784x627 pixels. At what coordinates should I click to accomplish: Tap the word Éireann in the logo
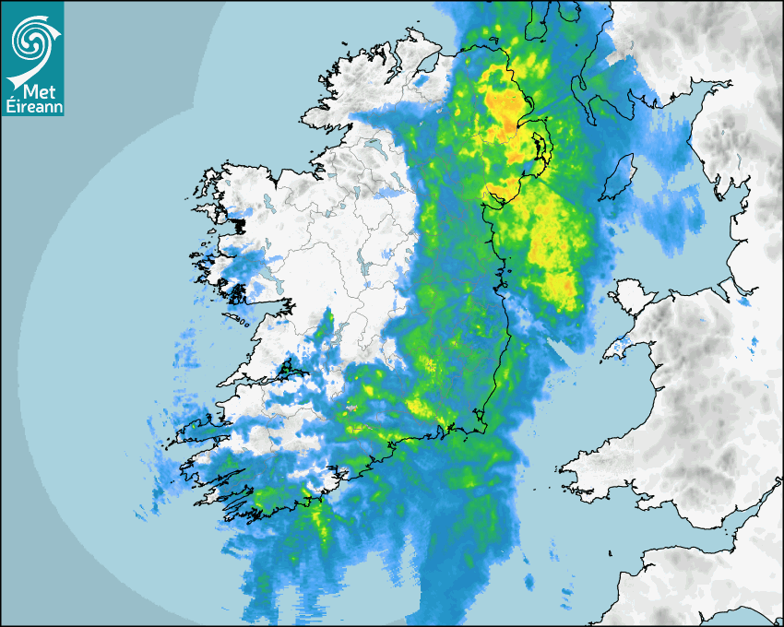pos(31,105)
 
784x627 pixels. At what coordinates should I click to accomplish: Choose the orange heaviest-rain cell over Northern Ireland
pos(504,109)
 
